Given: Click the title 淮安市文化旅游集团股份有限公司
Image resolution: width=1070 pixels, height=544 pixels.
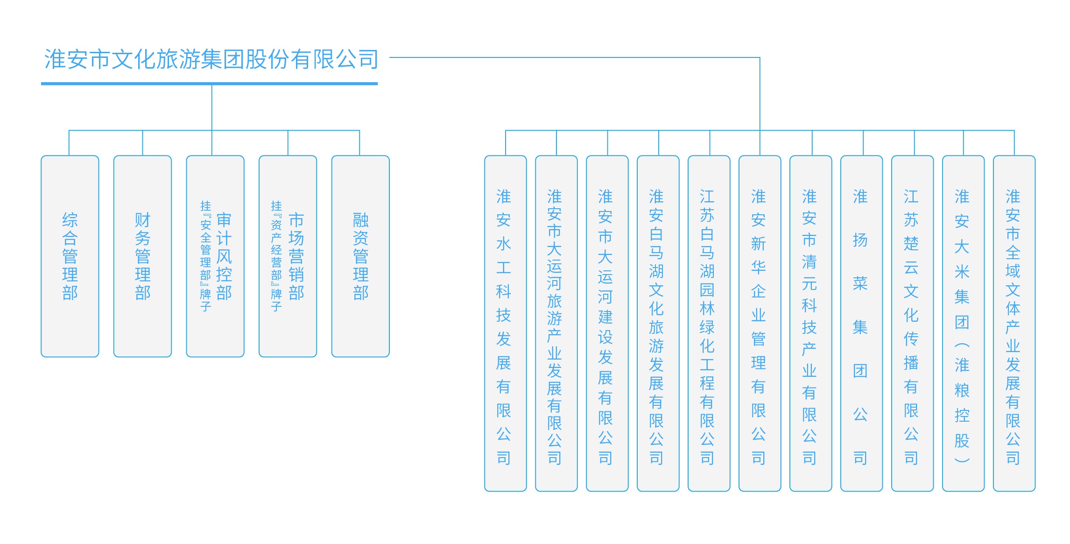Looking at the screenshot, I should pos(211,59).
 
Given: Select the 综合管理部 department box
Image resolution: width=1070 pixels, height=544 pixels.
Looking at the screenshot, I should pos(70,256).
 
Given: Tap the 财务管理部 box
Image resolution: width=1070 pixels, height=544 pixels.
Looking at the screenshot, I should pos(142,256).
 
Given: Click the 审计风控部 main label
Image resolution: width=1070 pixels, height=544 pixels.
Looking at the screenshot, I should pos(224,256).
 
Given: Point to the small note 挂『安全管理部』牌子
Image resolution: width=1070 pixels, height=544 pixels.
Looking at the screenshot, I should pos(205,256).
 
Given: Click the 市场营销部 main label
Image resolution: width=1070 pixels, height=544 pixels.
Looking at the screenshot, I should pos(296,256).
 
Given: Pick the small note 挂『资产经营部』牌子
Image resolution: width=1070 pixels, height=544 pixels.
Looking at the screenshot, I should pos(276,256).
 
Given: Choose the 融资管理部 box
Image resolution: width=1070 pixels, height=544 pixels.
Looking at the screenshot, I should pos(360,256).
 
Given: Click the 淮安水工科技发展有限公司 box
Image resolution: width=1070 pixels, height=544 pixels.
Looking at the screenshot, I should pos(505,323).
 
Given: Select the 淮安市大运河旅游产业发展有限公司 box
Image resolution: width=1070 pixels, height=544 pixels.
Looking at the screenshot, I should pos(556,323).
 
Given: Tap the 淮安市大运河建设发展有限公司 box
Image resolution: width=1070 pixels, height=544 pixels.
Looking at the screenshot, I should pos(607,323).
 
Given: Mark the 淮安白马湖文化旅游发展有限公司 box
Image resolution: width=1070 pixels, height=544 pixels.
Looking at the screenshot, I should pos(658,323).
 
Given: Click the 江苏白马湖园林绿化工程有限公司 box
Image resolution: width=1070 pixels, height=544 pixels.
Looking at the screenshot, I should pos(709,323).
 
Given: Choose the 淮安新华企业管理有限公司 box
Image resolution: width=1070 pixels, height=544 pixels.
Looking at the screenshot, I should pos(760,323).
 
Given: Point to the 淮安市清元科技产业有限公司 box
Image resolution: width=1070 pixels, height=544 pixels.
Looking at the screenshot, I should pos(810,323).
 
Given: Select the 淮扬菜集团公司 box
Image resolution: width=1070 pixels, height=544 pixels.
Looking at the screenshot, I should pos(861,323).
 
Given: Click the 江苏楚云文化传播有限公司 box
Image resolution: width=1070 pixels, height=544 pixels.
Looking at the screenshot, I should pos(912,323).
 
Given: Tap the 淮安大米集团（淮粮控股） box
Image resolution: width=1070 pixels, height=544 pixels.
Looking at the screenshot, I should pos(963,323).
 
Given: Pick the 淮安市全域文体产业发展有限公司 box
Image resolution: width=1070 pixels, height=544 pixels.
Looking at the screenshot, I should pos(1014,323).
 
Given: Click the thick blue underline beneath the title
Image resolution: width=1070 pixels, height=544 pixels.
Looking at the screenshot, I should pos(209,84).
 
